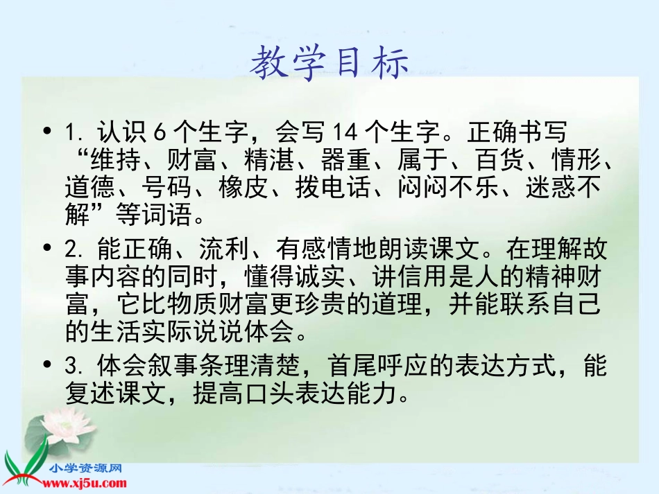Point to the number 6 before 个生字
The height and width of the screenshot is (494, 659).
[x=161, y=132]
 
